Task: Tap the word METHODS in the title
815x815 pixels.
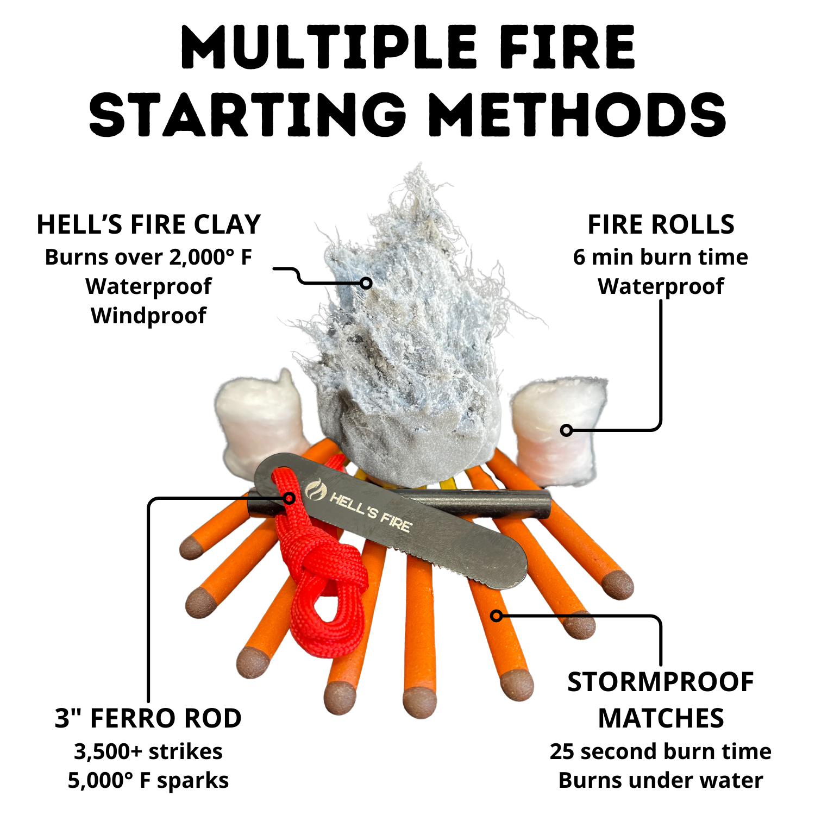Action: click(x=577, y=114)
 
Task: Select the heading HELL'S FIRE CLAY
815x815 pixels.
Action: click(x=149, y=224)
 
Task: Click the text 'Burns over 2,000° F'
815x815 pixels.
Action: click(x=148, y=257)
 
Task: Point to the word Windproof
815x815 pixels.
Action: click(x=148, y=316)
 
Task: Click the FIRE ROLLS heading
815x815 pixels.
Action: click(x=661, y=224)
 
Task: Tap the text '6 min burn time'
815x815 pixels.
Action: click(x=661, y=257)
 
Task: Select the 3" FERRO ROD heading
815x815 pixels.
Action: click(x=148, y=718)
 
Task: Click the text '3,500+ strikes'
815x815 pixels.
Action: click(x=148, y=751)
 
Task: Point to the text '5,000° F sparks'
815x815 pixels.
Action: click(x=148, y=781)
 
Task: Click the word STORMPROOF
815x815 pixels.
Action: click(x=661, y=682)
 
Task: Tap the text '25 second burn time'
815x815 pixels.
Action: click(x=661, y=751)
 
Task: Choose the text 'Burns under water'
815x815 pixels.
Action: click(x=661, y=781)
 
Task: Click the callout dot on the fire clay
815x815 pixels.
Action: click(x=366, y=283)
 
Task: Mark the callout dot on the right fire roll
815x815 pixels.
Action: click(x=566, y=430)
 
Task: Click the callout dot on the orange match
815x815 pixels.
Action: click(x=496, y=616)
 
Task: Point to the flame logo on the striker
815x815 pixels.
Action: click(x=316, y=490)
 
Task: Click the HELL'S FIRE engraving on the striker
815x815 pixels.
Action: click(x=371, y=512)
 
